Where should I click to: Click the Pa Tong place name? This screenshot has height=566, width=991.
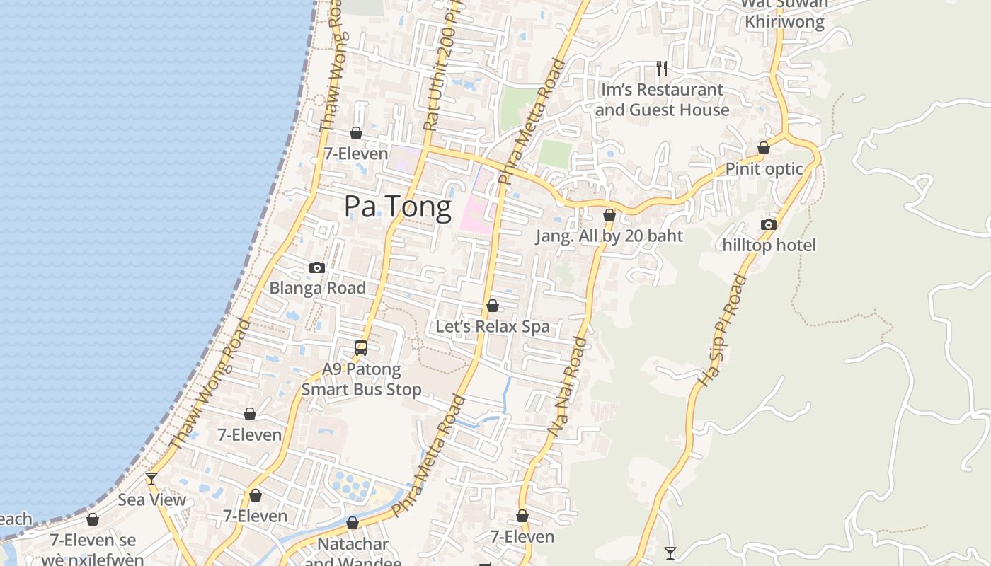click(397, 207)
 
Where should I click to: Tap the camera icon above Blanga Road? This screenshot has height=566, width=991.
click(317, 267)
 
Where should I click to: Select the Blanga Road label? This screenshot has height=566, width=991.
click(317, 288)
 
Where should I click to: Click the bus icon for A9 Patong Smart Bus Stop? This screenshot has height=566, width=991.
click(361, 347)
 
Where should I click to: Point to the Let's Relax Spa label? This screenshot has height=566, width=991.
click(492, 326)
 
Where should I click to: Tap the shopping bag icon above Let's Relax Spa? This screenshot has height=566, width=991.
click(492, 306)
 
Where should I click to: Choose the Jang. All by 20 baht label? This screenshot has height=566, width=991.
click(609, 236)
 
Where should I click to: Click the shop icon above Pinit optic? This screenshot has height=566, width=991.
click(764, 148)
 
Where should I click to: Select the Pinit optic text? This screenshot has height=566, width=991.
click(764, 169)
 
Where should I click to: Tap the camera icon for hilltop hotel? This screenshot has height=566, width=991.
click(768, 224)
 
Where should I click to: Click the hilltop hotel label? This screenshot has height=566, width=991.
click(769, 246)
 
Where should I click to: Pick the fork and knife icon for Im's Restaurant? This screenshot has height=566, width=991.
click(662, 68)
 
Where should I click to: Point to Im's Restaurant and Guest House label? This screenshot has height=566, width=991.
click(662, 100)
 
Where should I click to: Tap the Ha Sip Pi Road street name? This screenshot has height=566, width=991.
click(722, 330)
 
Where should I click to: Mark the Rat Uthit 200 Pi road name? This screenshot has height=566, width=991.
click(439, 71)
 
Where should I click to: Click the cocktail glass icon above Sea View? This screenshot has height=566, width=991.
click(151, 479)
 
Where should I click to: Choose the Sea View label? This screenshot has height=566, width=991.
click(151, 500)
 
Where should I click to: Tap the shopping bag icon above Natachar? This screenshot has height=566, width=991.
click(353, 523)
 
